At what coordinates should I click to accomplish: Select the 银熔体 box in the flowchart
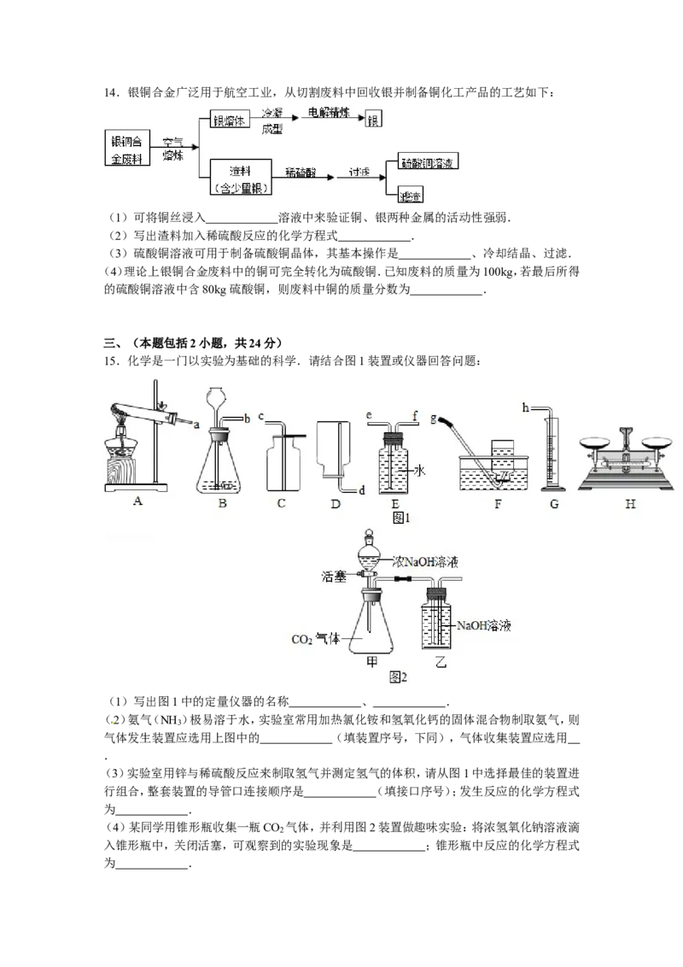[x=228, y=121]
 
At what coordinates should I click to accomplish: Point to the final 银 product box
[x=372, y=121]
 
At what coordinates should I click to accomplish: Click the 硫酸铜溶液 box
[x=428, y=162]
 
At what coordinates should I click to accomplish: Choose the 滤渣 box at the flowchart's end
[x=412, y=197]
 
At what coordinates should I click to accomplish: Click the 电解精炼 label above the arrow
[x=329, y=113]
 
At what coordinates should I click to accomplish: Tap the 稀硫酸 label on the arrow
[x=301, y=172]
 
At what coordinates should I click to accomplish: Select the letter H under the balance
[x=630, y=504]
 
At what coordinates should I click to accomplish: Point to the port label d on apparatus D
[x=361, y=490]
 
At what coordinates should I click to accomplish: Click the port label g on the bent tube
[x=435, y=419]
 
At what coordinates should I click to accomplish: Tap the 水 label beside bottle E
[x=420, y=471]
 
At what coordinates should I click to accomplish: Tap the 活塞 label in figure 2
[x=334, y=577]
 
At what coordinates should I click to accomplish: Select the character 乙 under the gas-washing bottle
[x=441, y=662]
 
